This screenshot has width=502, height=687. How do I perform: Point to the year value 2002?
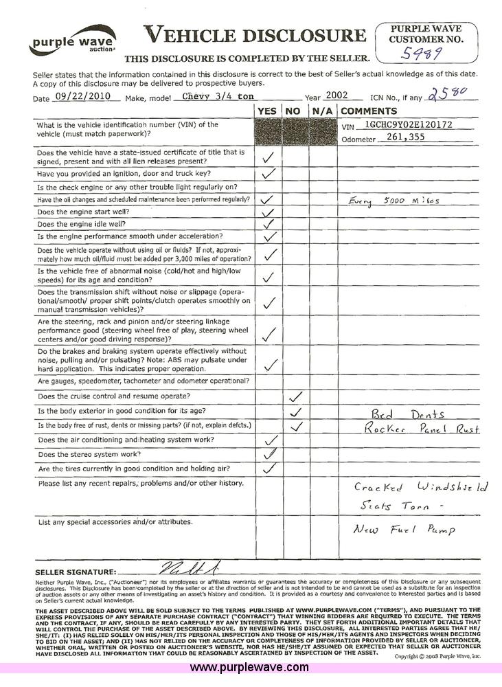338,96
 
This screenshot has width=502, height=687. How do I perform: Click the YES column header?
268,111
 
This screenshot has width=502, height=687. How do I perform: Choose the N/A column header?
322,111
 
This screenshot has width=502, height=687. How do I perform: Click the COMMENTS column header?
369,111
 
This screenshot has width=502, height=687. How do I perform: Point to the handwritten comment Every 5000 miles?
393,201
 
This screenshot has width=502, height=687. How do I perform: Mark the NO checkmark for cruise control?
296,396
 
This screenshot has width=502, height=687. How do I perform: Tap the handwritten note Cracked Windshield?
420,487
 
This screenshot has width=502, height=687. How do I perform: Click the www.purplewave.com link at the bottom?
249,668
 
